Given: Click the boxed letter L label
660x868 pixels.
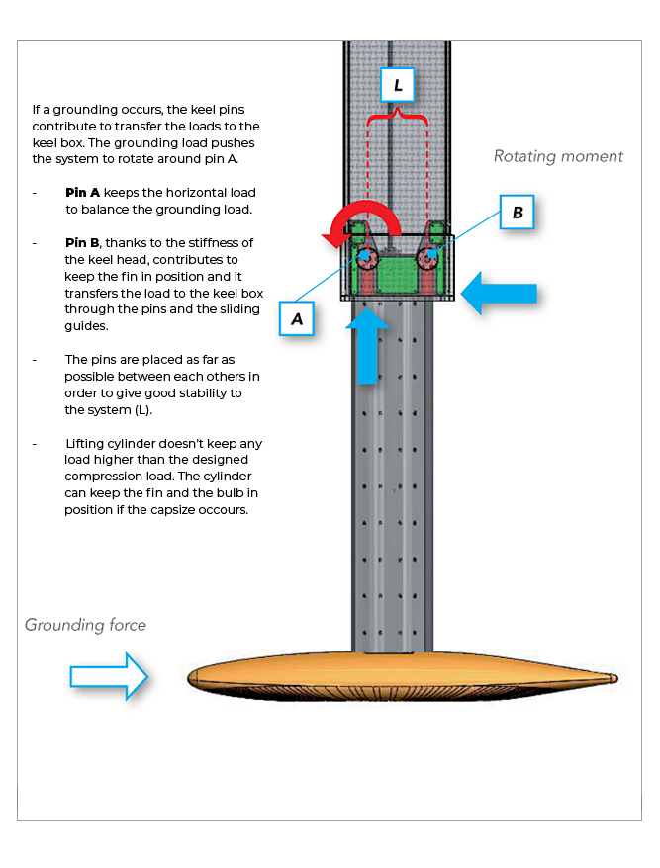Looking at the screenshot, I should [x=398, y=86].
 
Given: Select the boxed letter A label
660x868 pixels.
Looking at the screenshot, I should [x=297, y=318].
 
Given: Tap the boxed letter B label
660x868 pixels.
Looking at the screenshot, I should [x=518, y=212].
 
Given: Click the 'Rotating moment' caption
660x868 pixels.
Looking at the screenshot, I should [x=558, y=156].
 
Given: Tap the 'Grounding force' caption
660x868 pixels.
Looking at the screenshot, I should [x=85, y=625].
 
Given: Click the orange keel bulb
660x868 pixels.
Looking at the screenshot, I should [x=396, y=677].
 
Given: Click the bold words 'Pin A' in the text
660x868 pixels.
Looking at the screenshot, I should [x=83, y=192].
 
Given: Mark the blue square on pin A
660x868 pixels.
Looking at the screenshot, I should [x=365, y=255].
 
